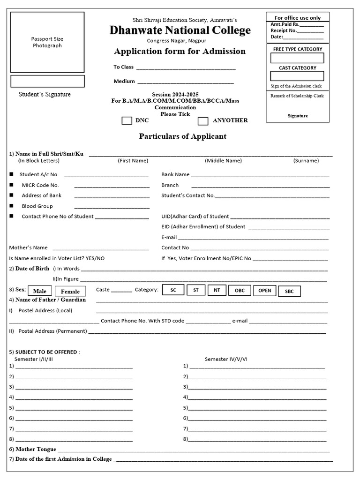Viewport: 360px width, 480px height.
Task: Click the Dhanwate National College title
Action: pos(180,30)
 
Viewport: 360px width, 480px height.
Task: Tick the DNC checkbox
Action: pos(127,120)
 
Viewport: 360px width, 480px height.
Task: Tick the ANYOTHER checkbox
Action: pos(202,121)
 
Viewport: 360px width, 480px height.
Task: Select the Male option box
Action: pos(39,291)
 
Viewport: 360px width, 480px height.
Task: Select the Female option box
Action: pos(70,291)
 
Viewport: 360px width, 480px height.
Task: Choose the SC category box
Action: pos(173,290)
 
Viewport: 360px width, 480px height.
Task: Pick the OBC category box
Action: pos(240,291)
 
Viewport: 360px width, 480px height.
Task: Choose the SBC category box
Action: pos(289,291)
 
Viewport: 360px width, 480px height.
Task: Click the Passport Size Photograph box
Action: pos(47,42)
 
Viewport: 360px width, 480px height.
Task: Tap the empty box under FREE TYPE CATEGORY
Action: pos(297,58)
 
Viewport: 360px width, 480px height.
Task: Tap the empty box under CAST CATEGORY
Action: pos(297,76)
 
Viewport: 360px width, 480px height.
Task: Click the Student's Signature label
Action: pos(45,94)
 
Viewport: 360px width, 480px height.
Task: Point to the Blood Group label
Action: pos(37,206)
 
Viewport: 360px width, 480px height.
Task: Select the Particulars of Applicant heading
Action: pos(182,136)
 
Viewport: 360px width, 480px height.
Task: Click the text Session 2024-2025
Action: pos(179,94)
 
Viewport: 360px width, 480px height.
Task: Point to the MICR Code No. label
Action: pos(40,185)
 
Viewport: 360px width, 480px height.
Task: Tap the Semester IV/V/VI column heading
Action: pos(226,359)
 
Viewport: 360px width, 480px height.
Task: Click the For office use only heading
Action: pos(298,18)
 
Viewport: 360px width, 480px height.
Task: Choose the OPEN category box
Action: pos(264,291)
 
